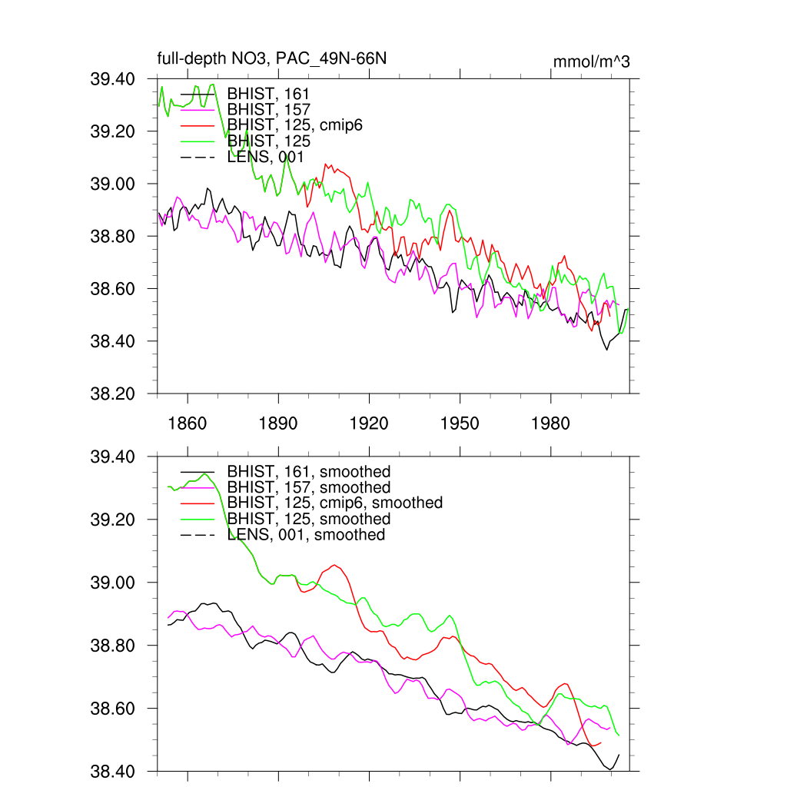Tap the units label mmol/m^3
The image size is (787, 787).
click(591, 62)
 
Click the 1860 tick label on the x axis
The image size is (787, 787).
click(188, 423)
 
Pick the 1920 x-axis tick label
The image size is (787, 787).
click(369, 423)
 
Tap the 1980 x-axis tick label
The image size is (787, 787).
click(550, 423)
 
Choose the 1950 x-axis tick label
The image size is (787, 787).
click(460, 423)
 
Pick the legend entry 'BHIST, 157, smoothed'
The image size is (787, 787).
click(309, 487)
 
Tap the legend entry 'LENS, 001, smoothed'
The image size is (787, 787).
click(306, 534)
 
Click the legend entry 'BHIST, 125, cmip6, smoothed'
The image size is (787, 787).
click(335, 503)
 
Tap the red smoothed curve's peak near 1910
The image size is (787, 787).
click(335, 565)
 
